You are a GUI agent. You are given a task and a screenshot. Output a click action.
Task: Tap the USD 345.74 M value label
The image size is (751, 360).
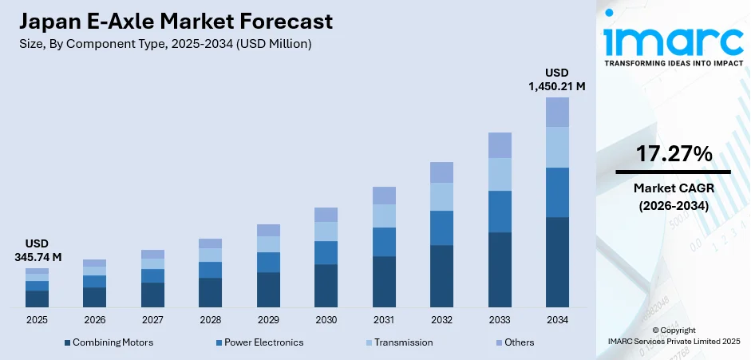[38, 250]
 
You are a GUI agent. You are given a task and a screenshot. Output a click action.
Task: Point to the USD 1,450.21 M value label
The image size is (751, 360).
[557, 79]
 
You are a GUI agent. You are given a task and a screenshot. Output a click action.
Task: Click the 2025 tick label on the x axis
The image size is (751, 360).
[37, 319]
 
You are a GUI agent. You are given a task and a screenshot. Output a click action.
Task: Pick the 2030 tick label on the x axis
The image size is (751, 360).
[326, 319]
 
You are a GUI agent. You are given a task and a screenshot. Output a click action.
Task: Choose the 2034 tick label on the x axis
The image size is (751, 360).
[557, 319]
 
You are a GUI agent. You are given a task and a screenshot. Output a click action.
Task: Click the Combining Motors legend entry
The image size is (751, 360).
[108, 342]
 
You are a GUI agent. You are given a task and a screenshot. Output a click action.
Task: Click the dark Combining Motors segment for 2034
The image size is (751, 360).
[557, 262]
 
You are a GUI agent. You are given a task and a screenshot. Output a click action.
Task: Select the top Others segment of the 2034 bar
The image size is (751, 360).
[557, 112]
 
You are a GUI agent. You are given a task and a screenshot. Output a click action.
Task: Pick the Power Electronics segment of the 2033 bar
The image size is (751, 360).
[500, 212]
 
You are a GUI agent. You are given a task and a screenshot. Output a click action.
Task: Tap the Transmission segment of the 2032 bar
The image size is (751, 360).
[441, 196]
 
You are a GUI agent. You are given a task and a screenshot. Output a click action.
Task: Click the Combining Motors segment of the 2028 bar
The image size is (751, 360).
[210, 292]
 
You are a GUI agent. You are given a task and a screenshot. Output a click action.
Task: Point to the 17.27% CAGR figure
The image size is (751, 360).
[673, 155]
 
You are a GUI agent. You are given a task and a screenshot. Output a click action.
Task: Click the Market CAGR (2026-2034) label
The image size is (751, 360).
[673, 196]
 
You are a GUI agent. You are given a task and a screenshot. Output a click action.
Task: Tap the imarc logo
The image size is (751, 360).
[672, 37]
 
